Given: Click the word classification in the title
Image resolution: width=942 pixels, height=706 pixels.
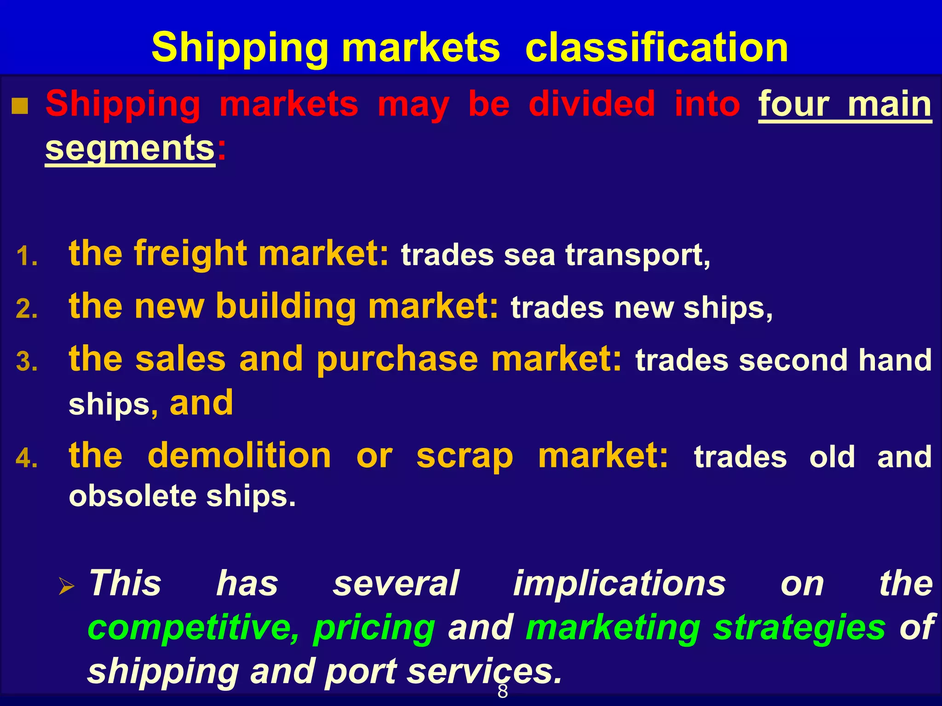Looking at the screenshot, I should [656, 48].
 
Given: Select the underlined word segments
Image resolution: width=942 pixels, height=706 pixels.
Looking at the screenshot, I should [130, 149].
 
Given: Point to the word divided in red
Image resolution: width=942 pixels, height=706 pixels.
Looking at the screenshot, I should [592, 104].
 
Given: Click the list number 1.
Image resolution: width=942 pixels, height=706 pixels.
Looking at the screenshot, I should [26, 256].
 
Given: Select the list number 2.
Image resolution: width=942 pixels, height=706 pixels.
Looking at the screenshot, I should [26, 309].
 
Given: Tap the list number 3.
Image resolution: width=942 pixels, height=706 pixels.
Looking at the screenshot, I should [26, 362].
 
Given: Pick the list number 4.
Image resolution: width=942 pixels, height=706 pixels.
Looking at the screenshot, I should [26, 458].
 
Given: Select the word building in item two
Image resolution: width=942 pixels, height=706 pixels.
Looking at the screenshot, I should [286, 307].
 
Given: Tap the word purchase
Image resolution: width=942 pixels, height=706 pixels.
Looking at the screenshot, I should [397, 360].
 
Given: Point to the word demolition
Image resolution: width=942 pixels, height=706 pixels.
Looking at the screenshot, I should [239, 456].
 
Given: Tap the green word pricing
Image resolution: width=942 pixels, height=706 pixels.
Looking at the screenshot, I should [374, 628].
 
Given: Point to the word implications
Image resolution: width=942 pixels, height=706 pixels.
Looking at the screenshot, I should [620, 584].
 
